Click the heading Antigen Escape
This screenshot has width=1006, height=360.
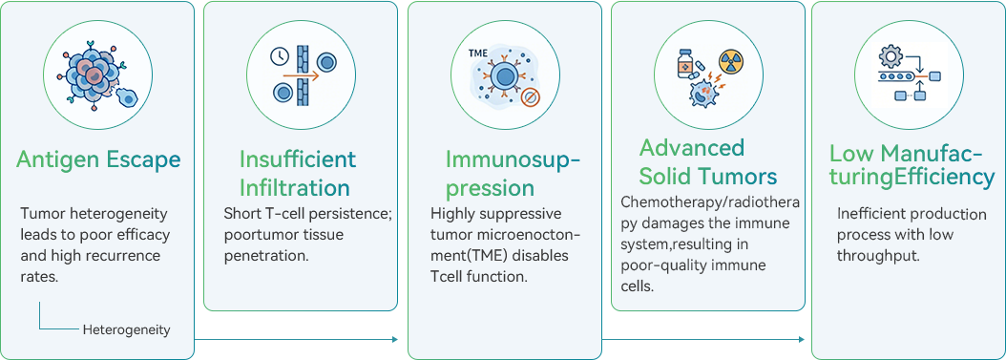coord(98,159)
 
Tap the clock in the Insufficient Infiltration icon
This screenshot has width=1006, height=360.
coord(280,56)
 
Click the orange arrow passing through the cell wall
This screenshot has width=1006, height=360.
coord(300,75)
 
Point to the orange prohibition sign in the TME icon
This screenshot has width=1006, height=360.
coord(530,98)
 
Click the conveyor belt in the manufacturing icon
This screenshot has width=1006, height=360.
coord(897,77)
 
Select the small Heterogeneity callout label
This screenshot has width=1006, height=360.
coord(126,330)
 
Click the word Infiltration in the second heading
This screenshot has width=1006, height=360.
coord(295,187)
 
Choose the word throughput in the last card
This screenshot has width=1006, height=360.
coord(879,255)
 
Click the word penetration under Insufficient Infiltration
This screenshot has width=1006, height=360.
coord(266,255)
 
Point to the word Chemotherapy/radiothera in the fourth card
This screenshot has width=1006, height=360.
coord(710,202)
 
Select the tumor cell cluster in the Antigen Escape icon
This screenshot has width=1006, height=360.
coord(94,74)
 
